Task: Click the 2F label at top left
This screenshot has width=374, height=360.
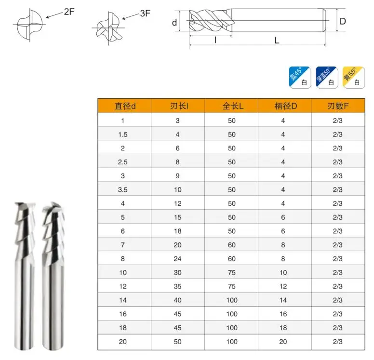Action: click(69, 12)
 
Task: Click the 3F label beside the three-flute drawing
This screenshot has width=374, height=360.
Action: click(145, 13)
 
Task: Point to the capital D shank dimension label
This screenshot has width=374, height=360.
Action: click(343, 21)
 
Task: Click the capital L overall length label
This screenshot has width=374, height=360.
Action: click(277, 40)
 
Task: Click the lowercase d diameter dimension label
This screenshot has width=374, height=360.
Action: click(174, 22)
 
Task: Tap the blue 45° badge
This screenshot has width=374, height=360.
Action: click(299, 76)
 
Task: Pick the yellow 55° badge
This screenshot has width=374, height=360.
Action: click(352, 76)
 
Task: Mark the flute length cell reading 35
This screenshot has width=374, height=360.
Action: click(177, 287)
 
